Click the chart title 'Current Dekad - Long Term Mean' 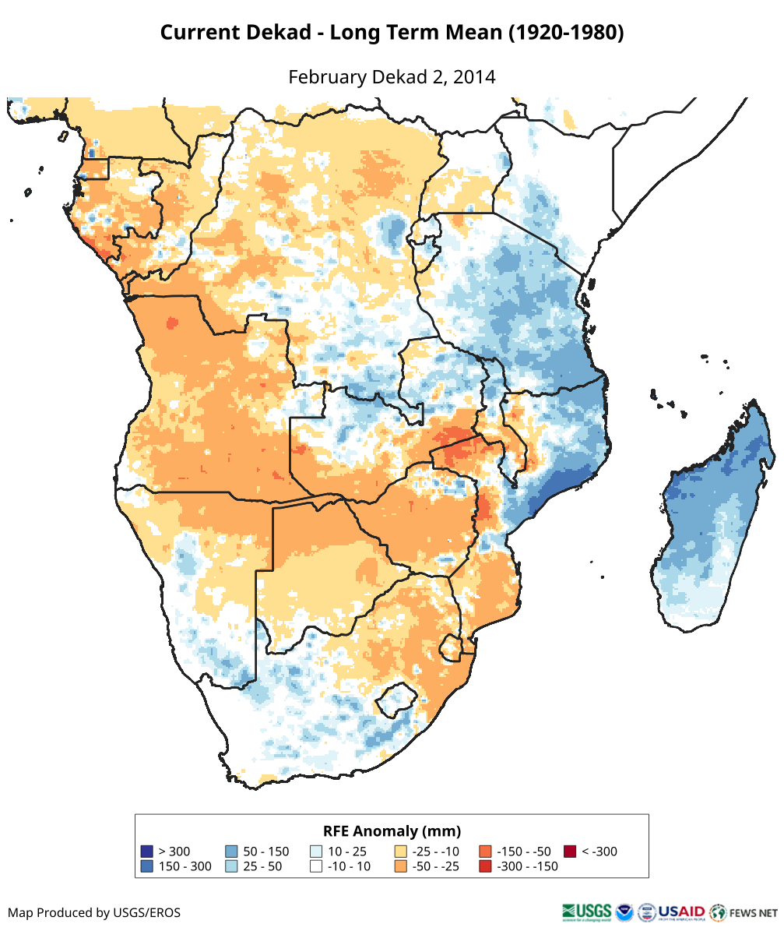point(392,33)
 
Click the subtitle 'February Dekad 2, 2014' point(392,77)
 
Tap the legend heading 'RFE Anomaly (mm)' point(392,830)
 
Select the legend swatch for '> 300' point(146,852)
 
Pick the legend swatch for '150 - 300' point(146,866)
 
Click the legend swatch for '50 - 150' point(231,852)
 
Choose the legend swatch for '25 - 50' point(231,866)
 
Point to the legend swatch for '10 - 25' point(316,852)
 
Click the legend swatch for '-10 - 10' point(316,866)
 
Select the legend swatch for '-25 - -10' point(401,852)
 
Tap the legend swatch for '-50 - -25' point(401,866)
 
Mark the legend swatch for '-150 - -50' point(485,852)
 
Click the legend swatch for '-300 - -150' point(485,866)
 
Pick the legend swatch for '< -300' point(570,852)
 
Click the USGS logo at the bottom point(585,912)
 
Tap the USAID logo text point(682,911)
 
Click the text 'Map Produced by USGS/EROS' point(94,912)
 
